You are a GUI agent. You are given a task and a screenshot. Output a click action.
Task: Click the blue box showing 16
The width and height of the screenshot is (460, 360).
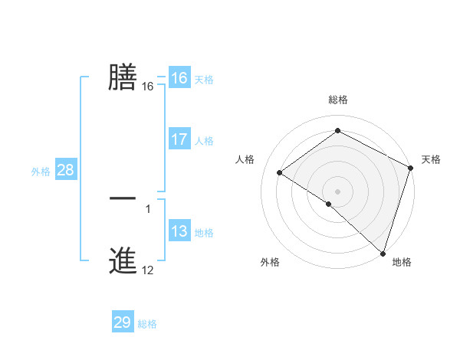click(179, 78)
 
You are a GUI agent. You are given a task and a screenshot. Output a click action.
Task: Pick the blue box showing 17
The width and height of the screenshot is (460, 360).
click(179, 139)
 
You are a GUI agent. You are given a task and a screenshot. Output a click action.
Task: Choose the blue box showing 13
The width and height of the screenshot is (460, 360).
click(179, 231)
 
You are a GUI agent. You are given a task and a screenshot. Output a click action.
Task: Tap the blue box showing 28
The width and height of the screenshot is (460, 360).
click(65, 170)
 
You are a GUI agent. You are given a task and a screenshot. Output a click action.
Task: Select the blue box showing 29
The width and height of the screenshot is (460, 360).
click(123, 322)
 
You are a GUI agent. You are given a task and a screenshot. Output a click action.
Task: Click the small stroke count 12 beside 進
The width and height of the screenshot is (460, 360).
click(148, 270)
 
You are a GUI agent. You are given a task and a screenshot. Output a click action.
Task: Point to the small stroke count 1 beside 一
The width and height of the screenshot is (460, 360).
click(148, 208)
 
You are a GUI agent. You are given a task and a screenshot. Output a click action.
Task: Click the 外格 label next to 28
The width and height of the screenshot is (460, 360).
click(41, 172)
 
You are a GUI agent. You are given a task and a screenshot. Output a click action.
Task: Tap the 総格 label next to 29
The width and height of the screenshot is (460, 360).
click(147, 324)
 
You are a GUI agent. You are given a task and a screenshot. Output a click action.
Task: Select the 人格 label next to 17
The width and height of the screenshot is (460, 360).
click(204, 141)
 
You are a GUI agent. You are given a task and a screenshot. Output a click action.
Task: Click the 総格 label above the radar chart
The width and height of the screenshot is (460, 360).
click(338, 100)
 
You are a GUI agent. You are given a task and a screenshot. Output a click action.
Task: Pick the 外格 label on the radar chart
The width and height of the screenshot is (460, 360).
click(270, 262)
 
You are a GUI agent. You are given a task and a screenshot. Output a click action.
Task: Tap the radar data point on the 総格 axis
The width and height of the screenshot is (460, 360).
click(338, 131)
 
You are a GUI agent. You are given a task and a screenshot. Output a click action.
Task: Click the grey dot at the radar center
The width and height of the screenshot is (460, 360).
click(338, 191)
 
